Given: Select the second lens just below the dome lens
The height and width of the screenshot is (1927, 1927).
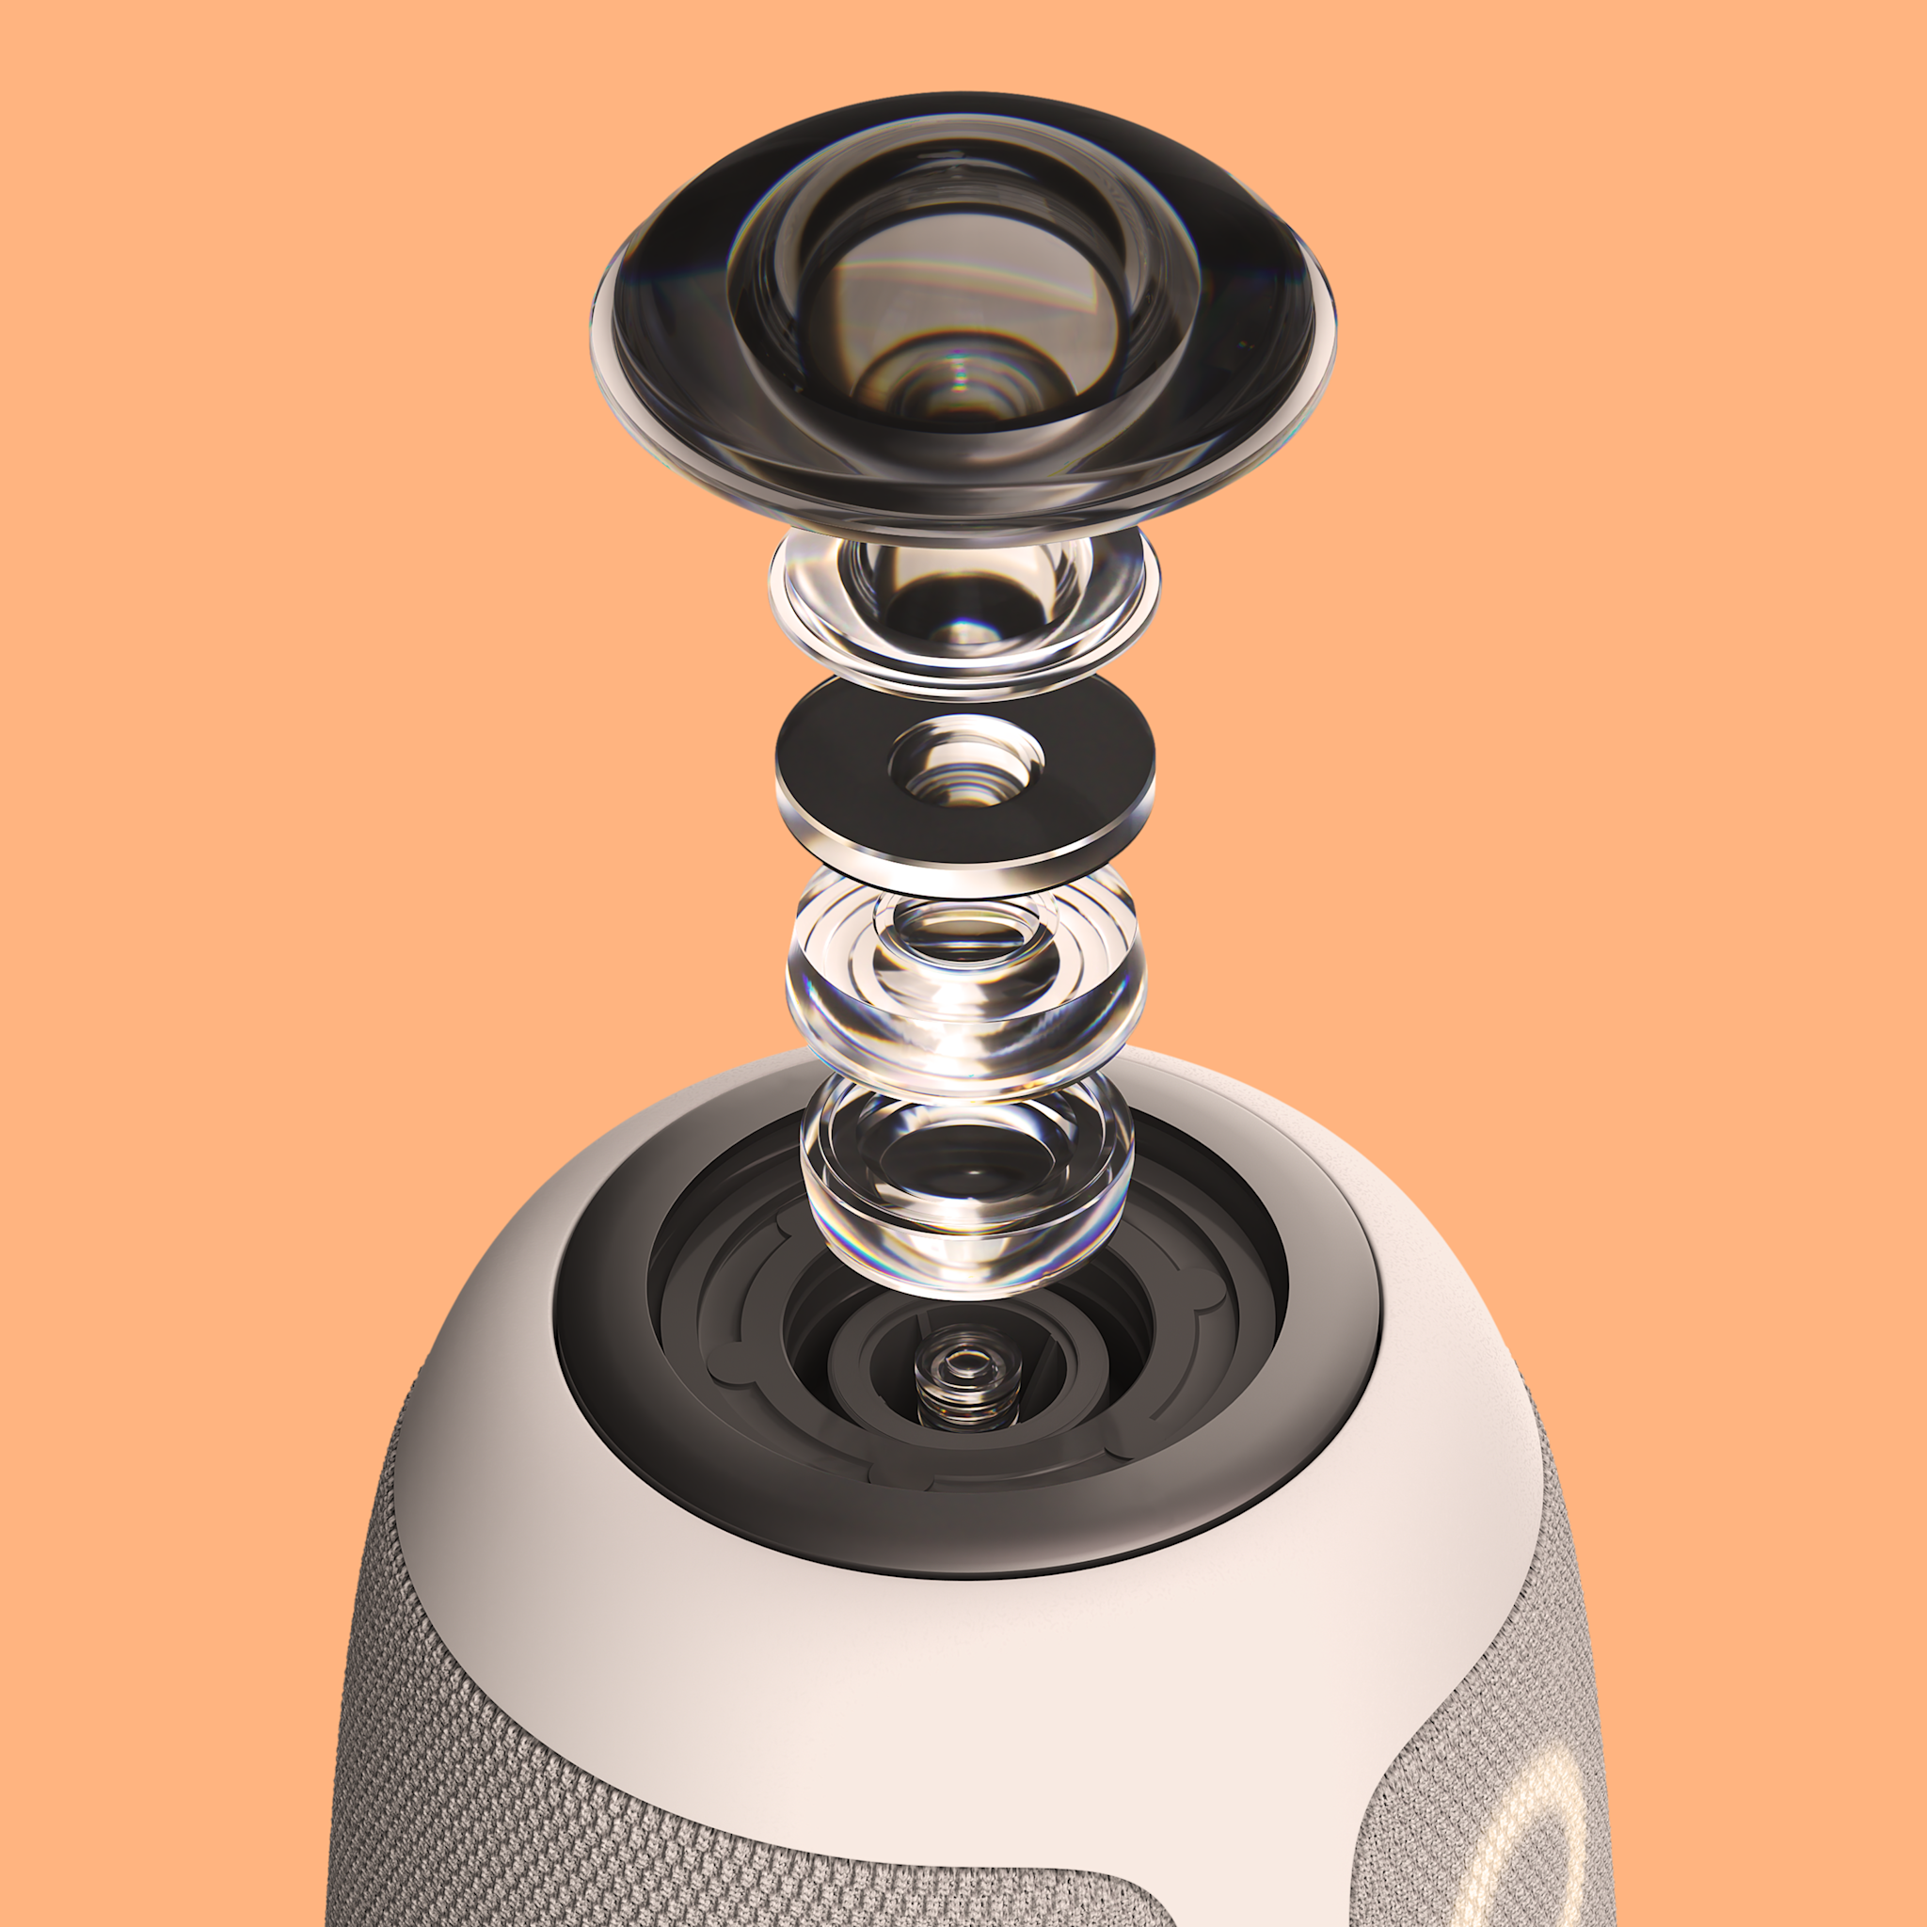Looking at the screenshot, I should [963, 609].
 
